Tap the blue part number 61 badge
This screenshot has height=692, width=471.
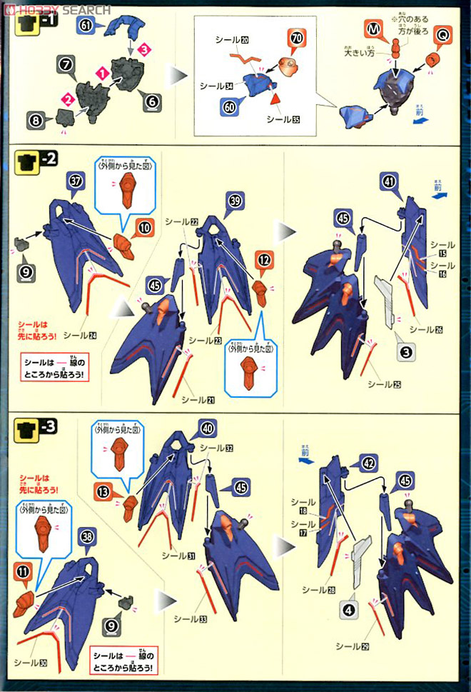[87, 26]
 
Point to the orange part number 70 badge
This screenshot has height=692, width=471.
[297, 36]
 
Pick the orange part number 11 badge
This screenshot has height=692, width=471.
[24, 571]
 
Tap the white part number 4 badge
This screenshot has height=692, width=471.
[348, 611]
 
